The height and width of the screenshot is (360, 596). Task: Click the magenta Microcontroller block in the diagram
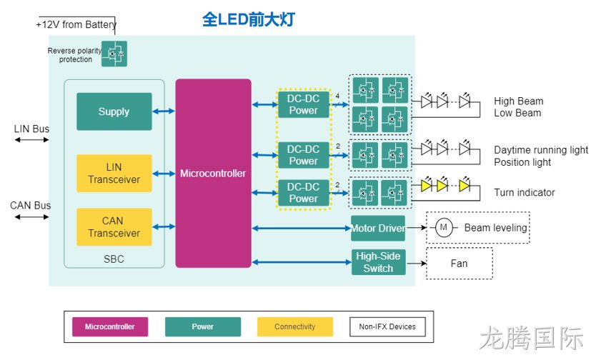click(213, 173)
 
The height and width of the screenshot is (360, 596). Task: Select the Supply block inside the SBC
click(114, 111)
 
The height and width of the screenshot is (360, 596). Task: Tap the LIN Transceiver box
click(114, 173)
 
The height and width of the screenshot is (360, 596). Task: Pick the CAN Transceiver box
click(114, 226)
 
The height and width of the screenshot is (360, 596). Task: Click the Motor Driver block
click(378, 229)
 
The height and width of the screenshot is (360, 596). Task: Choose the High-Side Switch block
click(378, 262)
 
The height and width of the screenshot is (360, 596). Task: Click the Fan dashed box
click(460, 264)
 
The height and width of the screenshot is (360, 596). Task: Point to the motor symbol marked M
click(444, 228)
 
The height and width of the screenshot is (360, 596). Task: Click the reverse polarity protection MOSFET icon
click(114, 54)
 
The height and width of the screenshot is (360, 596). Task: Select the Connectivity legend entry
click(295, 326)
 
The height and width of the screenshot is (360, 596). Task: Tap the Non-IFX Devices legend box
click(387, 326)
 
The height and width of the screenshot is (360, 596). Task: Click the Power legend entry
click(202, 326)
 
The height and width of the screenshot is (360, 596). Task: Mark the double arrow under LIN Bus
click(32, 140)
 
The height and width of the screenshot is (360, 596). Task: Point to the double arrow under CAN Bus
click(32, 217)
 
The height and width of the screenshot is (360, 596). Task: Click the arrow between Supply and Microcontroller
click(164, 111)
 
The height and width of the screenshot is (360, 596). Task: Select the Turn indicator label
click(524, 193)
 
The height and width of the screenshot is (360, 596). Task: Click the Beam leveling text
click(496, 228)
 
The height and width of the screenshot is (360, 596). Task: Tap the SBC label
click(114, 259)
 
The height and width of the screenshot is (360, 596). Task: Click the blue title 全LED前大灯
click(249, 19)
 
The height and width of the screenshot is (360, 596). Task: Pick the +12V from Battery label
click(76, 25)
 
